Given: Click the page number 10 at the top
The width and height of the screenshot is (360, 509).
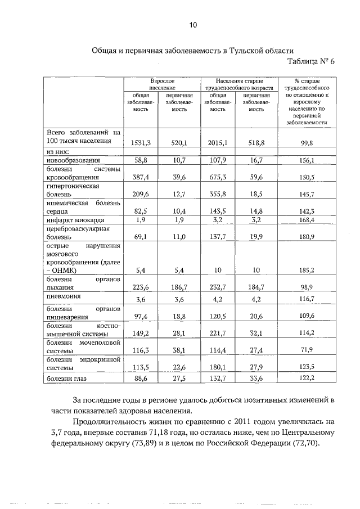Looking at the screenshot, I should [193, 25].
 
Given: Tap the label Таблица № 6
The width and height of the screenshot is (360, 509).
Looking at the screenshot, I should [310, 62].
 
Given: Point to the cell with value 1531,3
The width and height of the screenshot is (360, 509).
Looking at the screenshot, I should [140, 143].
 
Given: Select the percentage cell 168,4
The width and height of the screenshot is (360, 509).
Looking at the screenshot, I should [307, 220].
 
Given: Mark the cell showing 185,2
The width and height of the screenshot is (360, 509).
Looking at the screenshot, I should [307, 270].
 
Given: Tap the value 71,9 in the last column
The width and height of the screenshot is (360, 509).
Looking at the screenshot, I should [307, 349].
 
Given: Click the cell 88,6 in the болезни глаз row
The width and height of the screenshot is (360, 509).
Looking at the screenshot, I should [140, 380].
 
